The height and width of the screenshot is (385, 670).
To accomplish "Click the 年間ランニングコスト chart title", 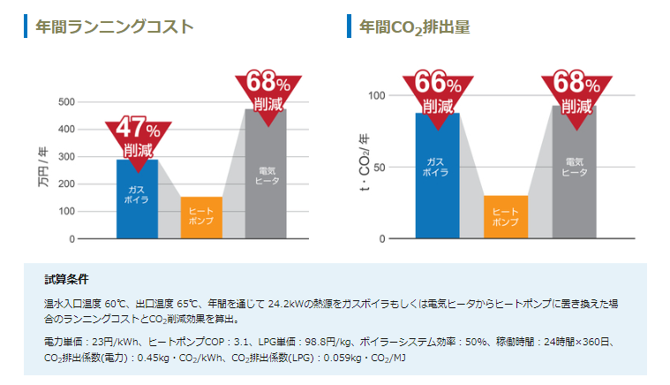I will (114, 27).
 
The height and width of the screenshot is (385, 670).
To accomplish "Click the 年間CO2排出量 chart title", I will (414, 27).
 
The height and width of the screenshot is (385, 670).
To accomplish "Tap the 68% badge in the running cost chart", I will (268, 92).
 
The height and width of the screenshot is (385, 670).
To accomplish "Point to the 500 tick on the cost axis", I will (66, 102).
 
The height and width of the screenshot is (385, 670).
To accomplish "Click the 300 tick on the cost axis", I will (66, 156).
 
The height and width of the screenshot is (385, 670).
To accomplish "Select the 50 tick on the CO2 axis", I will (380, 167).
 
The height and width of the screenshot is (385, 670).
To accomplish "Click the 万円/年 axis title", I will (42, 168).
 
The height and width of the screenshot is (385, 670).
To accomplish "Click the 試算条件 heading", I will (67, 280).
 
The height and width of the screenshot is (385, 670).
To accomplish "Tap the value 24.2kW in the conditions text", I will (286, 303).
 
